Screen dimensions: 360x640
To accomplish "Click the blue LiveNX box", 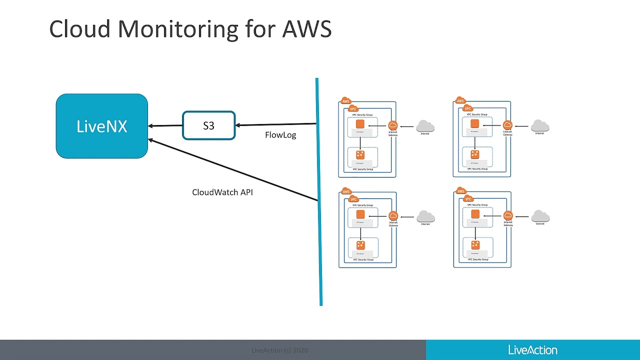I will click(101, 126).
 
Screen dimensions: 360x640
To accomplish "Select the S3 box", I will click(208, 125).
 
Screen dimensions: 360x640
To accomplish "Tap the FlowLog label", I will click(280, 135).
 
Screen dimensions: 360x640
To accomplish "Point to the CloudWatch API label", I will click(222, 192).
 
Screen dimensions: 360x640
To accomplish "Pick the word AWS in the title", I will click(306, 29).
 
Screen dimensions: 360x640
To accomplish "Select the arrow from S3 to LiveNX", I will click(165, 126).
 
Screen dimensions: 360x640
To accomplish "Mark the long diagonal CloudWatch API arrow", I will click(233, 170).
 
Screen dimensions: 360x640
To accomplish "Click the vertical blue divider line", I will click(318, 190).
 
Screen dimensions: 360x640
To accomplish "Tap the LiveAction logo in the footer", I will click(532, 350).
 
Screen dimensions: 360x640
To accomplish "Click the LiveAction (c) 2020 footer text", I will click(279, 350).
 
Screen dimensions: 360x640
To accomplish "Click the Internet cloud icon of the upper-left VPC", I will click(425, 126).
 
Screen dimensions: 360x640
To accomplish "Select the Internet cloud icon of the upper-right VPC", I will click(540, 125).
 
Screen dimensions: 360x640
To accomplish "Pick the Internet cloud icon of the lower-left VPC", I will click(425, 216).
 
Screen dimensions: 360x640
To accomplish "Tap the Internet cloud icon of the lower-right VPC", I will click(540, 216).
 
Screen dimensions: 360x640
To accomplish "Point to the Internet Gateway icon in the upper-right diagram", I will click(508, 125).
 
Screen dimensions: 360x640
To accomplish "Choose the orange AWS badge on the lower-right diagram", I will click(461, 191).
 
